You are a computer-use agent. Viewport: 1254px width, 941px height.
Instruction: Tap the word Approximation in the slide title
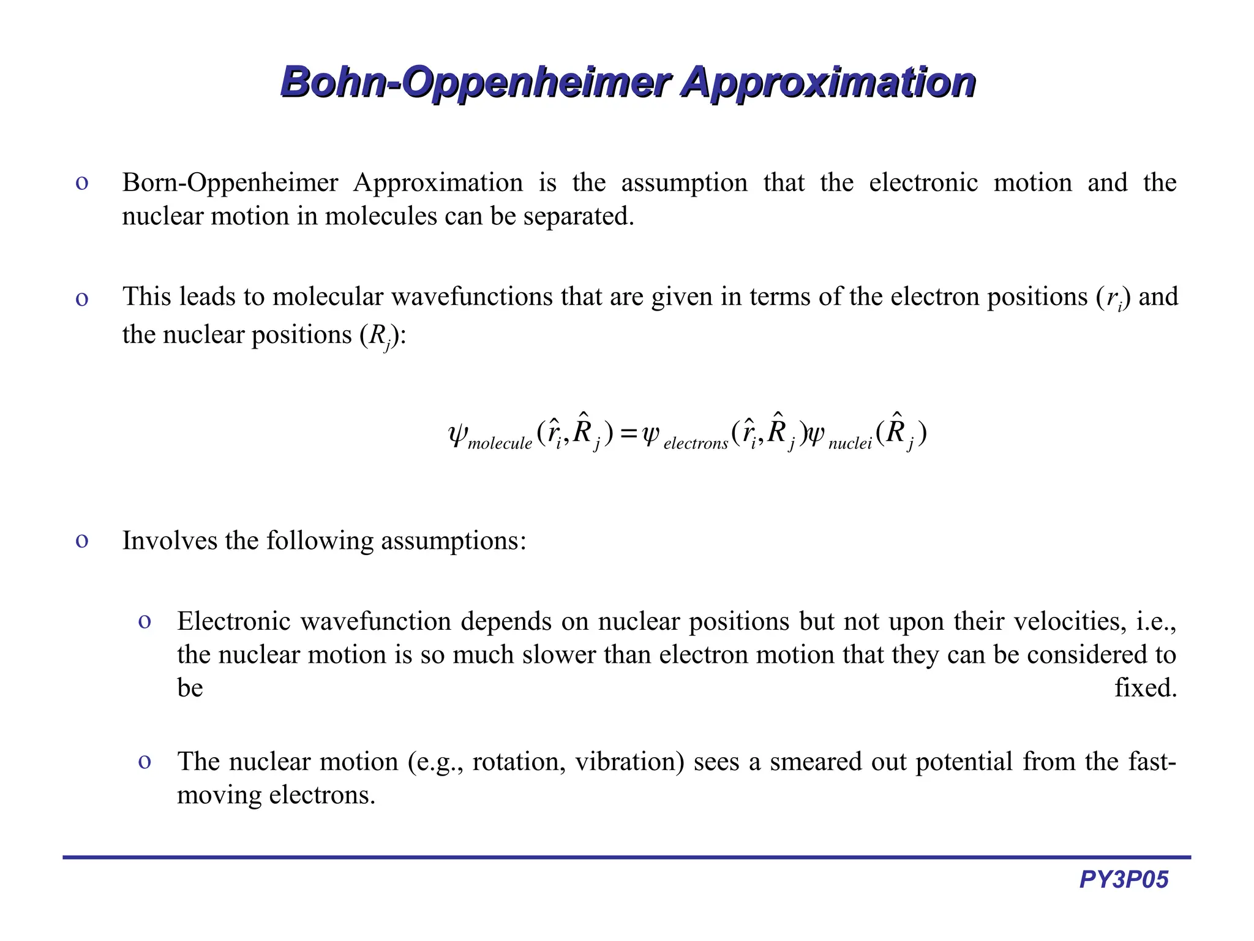point(828,82)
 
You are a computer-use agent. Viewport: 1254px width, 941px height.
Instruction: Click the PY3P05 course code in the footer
point(1124,880)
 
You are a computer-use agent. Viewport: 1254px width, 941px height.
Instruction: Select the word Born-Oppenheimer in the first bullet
point(230,183)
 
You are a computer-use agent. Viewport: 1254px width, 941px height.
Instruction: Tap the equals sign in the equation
point(628,434)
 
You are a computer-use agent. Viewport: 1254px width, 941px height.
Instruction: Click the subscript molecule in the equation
point(500,444)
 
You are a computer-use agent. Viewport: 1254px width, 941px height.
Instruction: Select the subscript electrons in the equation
point(696,444)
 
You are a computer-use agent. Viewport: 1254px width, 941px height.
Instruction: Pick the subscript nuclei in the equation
point(850,444)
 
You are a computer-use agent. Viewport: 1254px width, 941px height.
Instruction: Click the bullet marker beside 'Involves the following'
point(81,540)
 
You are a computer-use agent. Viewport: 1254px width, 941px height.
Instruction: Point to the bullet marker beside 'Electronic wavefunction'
point(145,622)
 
